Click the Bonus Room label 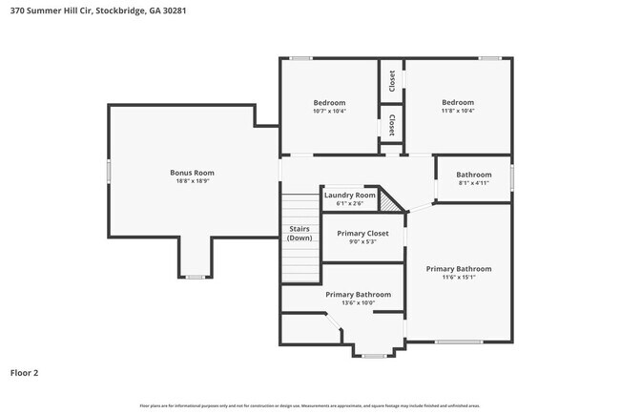[192, 173]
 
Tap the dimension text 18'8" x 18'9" [192, 181]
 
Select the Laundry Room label [344, 195]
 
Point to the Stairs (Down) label [300, 233]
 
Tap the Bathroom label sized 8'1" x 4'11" [473, 175]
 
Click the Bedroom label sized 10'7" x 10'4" [329, 103]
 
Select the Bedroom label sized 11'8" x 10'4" [458, 103]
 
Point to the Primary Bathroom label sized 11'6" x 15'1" [459, 269]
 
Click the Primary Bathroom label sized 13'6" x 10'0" [358, 295]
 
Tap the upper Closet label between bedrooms [392, 81]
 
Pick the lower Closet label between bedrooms [392, 125]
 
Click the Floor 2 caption [24, 373]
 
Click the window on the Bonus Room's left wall [108, 172]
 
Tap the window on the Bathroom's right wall [512, 177]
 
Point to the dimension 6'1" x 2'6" [344, 203]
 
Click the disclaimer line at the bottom [309, 405]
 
